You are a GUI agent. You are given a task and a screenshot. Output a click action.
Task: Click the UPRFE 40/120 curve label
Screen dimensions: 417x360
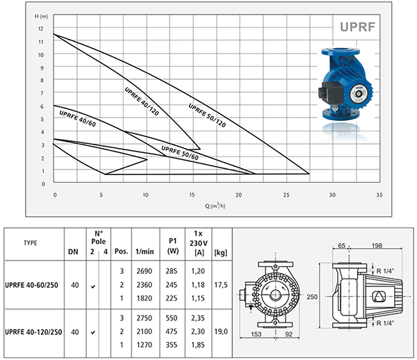point(142,101)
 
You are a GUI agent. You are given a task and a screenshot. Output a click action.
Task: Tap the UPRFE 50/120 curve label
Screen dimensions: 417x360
point(207,115)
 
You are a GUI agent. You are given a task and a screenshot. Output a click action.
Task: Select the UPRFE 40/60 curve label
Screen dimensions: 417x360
point(77,119)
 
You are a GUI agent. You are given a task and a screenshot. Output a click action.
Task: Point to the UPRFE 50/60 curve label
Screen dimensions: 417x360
point(180,153)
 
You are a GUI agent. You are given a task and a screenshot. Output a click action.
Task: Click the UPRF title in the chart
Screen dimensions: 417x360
point(357,27)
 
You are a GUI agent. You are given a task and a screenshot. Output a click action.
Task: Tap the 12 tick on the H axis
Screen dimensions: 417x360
point(40,28)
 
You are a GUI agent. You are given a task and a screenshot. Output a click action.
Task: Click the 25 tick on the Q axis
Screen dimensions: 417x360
point(286,195)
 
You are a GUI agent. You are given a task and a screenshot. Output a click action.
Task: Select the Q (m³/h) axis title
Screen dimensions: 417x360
point(215,206)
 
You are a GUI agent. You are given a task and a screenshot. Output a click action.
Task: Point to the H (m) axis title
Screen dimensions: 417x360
point(41,17)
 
